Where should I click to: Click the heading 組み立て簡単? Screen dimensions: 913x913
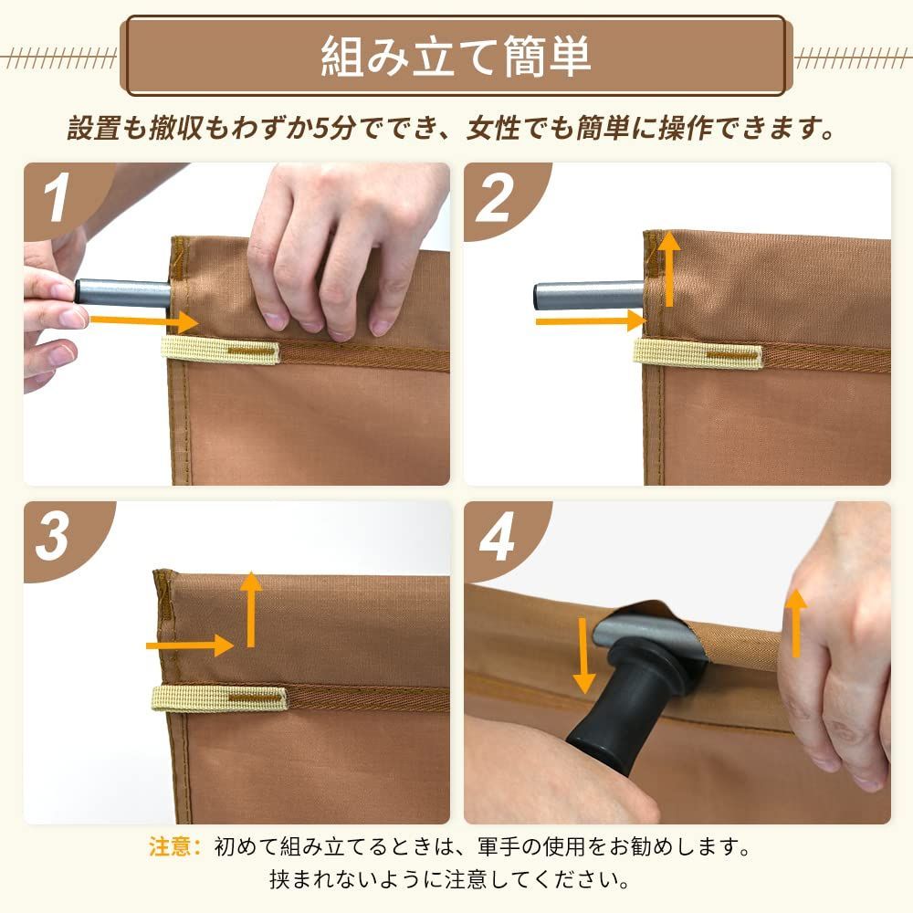456,57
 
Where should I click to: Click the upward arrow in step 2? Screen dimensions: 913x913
669,268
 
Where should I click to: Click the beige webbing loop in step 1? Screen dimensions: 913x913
219,351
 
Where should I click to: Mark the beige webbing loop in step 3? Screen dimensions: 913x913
219,698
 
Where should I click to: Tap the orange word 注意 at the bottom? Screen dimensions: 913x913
173,846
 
